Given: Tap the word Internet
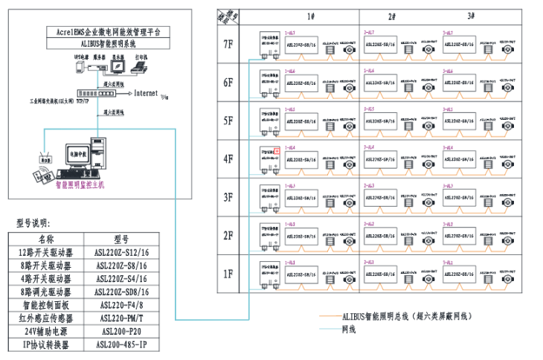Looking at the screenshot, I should click(x=146, y=94).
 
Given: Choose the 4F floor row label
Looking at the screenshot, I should click(x=229, y=158).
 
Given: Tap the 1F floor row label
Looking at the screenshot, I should click(x=229, y=274).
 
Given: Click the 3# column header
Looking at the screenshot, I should click(x=471, y=16).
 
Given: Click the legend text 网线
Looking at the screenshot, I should click(x=348, y=329).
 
